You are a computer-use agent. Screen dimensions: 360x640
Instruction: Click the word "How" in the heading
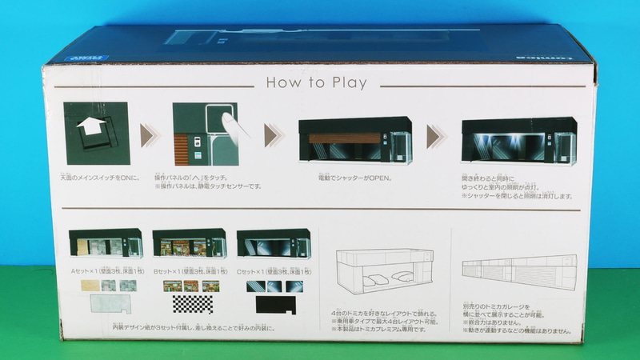(282, 82)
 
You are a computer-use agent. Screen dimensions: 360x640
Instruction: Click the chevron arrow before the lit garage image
(436, 136)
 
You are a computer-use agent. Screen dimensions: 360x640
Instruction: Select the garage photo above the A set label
(105, 243)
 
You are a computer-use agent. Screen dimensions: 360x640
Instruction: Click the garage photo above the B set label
(189, 243)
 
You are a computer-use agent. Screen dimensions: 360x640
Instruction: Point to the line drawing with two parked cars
(380, 272)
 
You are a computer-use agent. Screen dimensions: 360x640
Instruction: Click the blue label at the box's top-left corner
(64, 57)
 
